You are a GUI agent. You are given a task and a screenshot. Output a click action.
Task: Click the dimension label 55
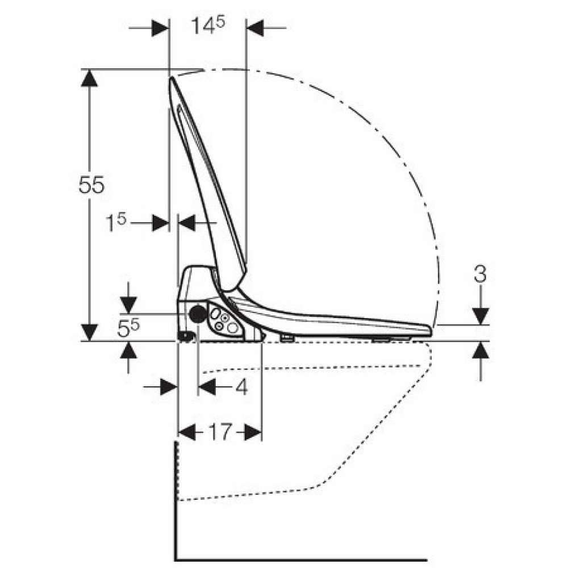(x=91, y=185)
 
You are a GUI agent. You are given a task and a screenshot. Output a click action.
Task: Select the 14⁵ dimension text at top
(x=208, y=26)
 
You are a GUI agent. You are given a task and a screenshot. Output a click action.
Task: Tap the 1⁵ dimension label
(x=115, y=222)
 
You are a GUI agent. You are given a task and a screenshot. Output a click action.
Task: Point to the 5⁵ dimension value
(x=128, y=328)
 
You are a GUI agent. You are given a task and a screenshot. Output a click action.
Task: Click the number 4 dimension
(x=241, y=386)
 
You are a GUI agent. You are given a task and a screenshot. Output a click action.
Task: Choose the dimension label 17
(x=220, y=432)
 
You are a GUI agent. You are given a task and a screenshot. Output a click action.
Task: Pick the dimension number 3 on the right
(x=480, y=274)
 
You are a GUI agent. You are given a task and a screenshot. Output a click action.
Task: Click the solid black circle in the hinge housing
(x=198, y=314)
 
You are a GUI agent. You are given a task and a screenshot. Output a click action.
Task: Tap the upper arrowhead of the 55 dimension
(x=89, y=77)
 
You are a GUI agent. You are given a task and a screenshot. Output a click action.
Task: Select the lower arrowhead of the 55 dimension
(x=89, y=332)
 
